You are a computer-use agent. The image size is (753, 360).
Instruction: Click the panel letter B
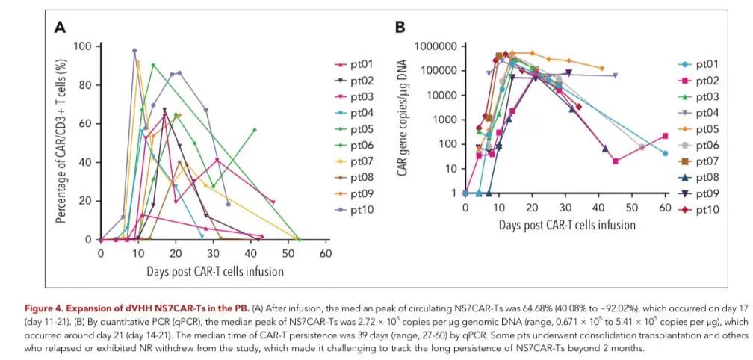tap(400, 28)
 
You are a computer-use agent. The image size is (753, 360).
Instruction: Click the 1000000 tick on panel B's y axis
tap(434, 46)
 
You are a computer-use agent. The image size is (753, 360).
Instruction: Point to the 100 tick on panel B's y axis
tap(447, 144)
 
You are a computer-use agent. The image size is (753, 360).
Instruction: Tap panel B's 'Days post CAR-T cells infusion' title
tap(567, 224)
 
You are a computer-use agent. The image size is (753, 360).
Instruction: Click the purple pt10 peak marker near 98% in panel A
tap(134, 51)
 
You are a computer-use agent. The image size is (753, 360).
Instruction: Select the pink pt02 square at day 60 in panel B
tap(665, 136)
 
